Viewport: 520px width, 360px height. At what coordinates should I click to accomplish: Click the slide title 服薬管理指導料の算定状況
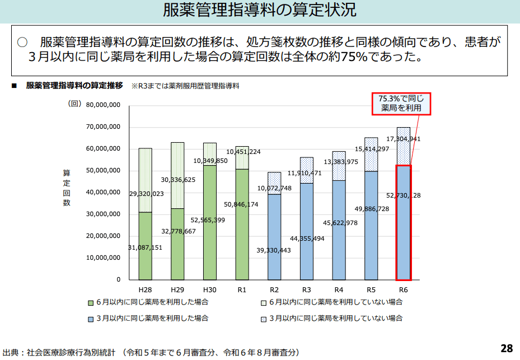pos(260,11)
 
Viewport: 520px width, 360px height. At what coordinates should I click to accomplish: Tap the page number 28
pos(506,348)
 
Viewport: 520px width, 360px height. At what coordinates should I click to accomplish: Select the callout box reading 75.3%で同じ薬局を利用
pos(401,104)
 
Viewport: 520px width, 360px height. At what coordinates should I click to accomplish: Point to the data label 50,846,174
pos(241,205)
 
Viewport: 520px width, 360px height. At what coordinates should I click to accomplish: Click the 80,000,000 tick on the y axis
pos(104,105)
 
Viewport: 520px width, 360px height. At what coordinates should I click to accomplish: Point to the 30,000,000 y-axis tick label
pos(104,214)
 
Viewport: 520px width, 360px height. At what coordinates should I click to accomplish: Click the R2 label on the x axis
pos(274,289)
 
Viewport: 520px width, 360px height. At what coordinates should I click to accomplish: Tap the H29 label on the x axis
pos(177,289)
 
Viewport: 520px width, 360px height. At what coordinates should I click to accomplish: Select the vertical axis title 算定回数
pos(67,188)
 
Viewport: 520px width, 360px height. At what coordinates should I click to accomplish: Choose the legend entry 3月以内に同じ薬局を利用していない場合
pos(335,318)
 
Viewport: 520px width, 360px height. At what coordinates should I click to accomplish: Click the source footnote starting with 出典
pos(151,353)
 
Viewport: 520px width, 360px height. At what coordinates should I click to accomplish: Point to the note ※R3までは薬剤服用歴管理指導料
pos(185,86)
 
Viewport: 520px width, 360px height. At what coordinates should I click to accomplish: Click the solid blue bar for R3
pos(307,235)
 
